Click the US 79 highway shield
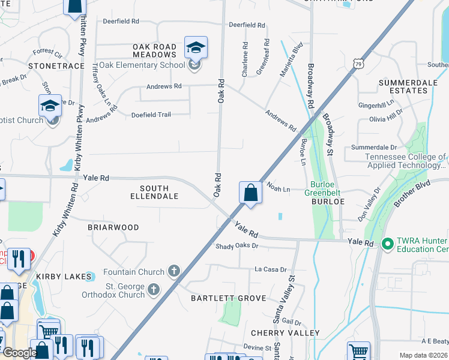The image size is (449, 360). [x=358, y=63]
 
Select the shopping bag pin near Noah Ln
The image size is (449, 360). [x=250, y=193]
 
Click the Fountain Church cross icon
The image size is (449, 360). [x=174, y=272]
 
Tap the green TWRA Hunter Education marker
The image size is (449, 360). [x=387, y=243]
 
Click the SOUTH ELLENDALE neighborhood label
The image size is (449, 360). [x=151, y=192]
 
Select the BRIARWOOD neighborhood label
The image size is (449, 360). [x=113, y=227]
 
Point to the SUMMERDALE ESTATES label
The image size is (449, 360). [x=403, y=86]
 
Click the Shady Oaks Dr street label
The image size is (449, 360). [x=237, y=246]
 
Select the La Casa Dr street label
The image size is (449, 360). [x=271, y=269]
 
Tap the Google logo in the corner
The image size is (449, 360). [x=20, y=353]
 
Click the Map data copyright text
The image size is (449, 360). [x=423, y=355]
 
